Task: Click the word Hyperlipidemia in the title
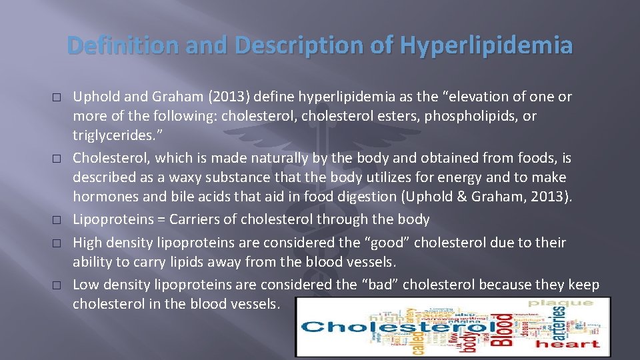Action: [x=486, y=45]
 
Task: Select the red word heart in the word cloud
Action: [x=567, y=344]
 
